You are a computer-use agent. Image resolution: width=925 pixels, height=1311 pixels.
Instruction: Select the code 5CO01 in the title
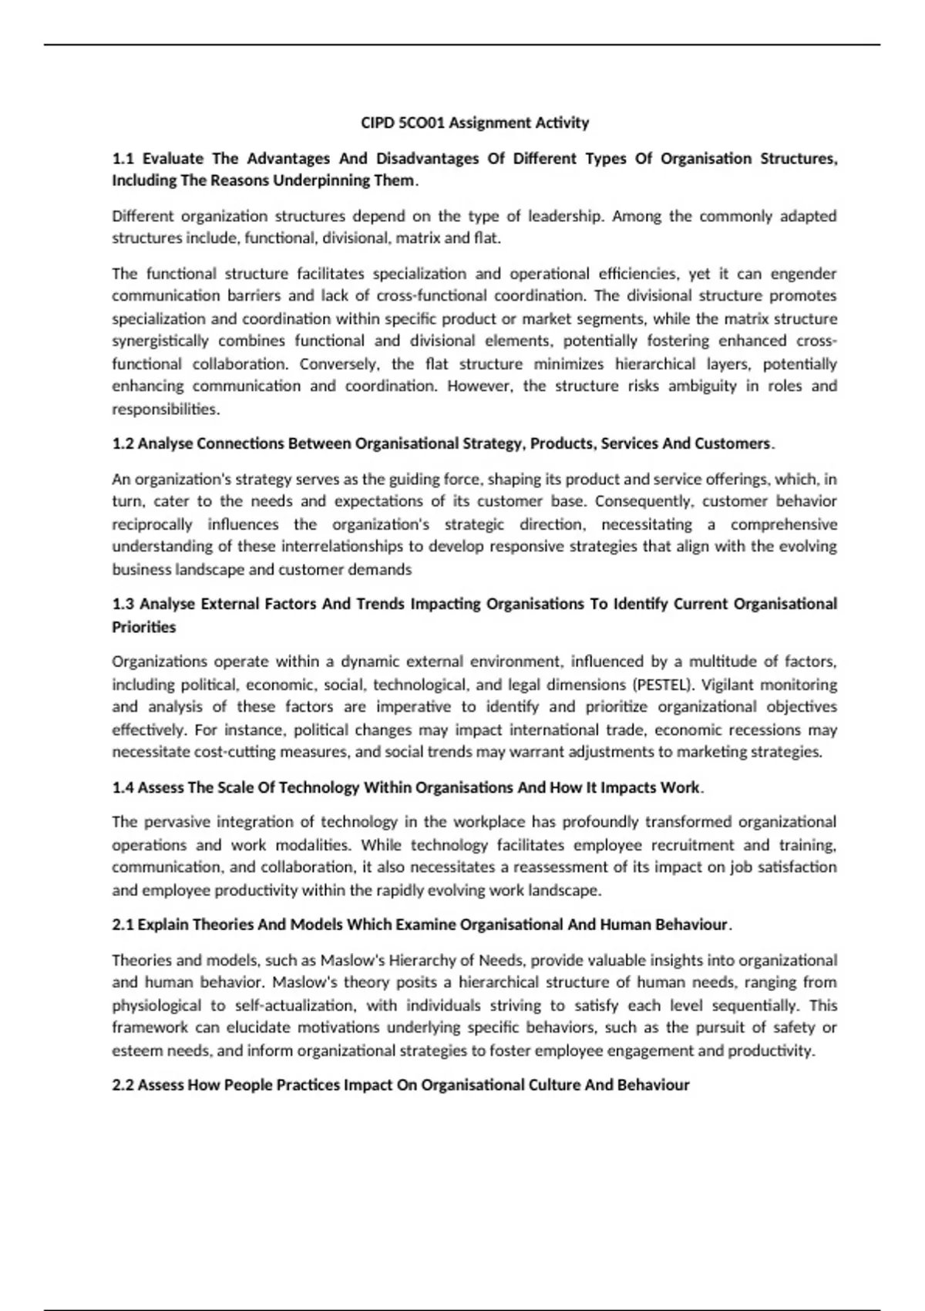[422, 123]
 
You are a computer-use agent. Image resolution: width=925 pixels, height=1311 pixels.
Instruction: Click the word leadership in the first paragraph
[566, 216]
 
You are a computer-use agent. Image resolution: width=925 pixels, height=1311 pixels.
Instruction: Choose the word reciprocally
[152, 524]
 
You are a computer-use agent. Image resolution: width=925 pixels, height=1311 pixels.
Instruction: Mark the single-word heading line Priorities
[144, 627]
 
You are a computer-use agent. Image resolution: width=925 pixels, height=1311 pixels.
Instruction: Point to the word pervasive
[175, 822]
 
